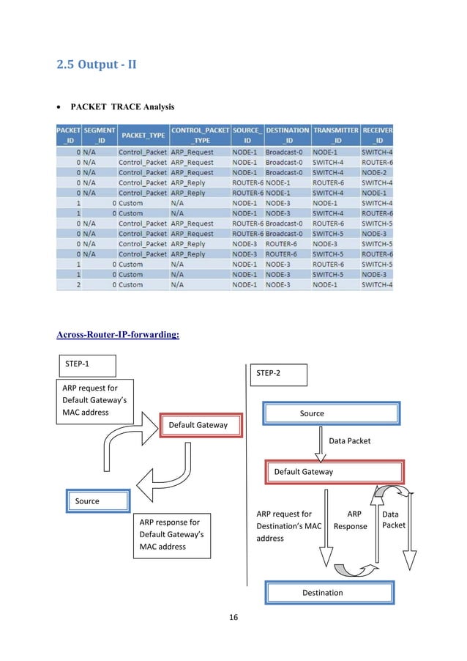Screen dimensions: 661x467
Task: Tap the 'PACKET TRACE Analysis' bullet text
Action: (x=122, y=107)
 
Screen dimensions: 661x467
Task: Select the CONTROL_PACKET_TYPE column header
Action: (x=199, y=136)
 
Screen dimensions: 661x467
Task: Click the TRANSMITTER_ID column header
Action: (x=335, y=136)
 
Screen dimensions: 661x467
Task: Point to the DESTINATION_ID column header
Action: (x=287, y=136)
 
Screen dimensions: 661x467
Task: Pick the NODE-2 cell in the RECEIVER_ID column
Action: (x=376, y=172)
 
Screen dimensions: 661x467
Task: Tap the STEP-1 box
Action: (x=86, y=364)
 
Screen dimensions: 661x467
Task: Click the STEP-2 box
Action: (x=279, y=374)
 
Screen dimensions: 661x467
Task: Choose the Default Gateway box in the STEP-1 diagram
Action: (x=198, y=425)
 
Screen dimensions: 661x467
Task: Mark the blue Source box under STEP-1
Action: (x=98, y=501)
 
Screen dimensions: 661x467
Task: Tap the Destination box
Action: (x=329, y=592)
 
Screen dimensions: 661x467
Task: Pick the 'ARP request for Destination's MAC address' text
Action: (x=288, y=526)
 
